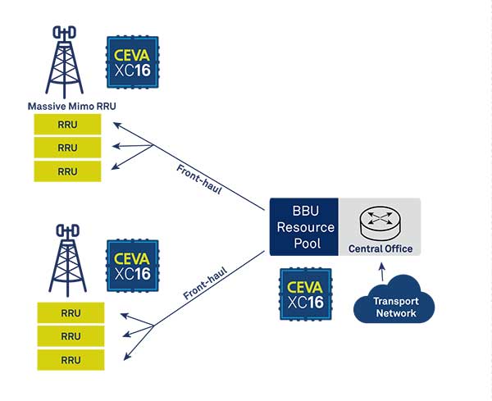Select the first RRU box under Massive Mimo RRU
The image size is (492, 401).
coord(68,125)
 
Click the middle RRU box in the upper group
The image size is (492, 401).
coord(68,148)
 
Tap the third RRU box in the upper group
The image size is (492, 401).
coord(68,171)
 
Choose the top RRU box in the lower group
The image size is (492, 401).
coord(71,313)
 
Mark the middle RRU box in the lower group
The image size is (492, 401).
coord(71,336)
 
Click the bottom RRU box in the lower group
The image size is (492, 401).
coord(71,359)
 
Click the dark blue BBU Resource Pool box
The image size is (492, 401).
coord(303,226)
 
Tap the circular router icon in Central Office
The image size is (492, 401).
coord(380,220)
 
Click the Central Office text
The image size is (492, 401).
coord(380,248)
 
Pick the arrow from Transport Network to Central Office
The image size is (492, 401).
coord(379,272)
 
